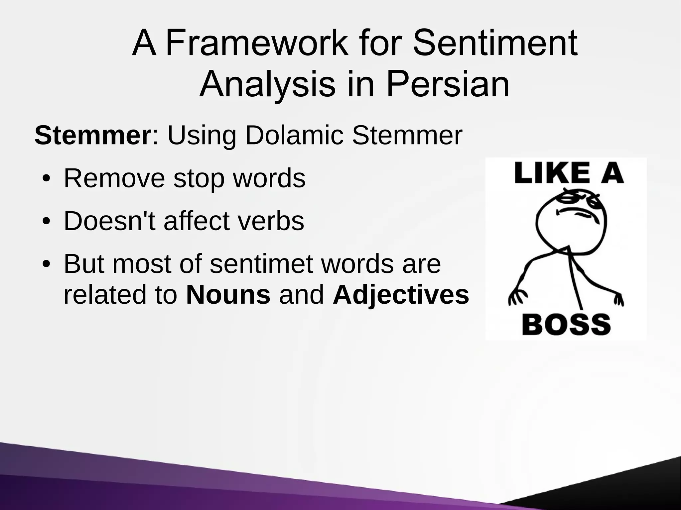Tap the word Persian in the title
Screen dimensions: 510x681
pos(448,84)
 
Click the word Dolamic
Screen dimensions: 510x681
pos(294,136)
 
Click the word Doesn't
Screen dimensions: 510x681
pos(109,221)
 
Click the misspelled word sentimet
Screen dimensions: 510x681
pos(261,264)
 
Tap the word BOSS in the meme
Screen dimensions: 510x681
pos(566,325)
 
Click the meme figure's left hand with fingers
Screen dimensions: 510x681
pos(516,296)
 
